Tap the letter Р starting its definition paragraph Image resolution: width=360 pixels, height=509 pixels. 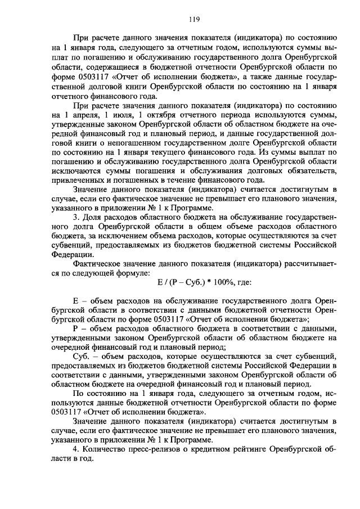click(x=76, y=328)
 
